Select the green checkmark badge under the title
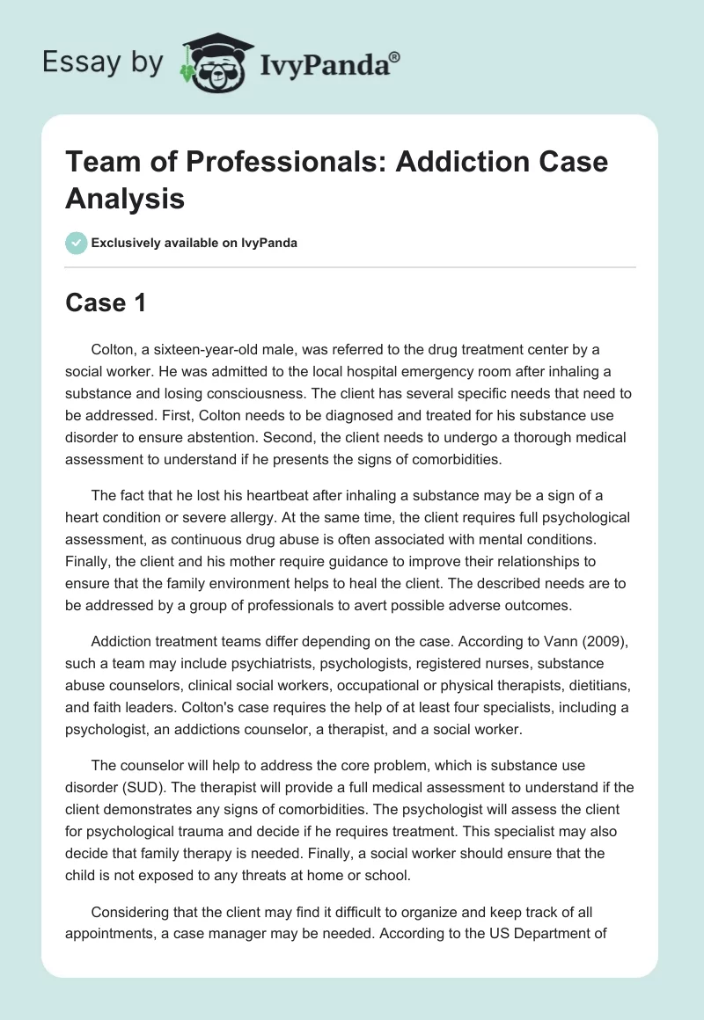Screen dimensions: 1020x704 77,243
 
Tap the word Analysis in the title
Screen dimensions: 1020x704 125,198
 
